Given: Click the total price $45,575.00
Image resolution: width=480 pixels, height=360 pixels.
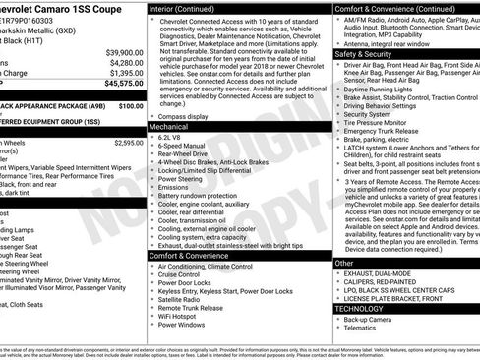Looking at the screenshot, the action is [119, 84].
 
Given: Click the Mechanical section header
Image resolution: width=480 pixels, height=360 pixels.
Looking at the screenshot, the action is [170, 127].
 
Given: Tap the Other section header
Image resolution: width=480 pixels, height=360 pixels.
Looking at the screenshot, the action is [344, 264].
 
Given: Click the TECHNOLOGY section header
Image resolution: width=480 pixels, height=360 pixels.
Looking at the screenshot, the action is [359, 308].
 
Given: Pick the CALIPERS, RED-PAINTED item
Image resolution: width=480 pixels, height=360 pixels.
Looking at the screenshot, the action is [385, 282].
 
